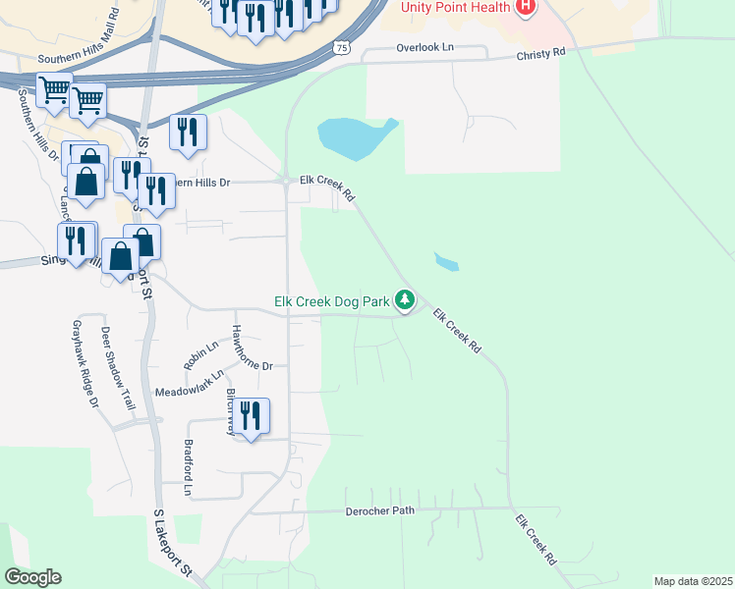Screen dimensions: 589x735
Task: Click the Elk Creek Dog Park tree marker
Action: [404, 299]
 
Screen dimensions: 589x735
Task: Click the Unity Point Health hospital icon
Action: [526, 8]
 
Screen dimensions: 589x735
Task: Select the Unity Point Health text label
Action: [453, 7]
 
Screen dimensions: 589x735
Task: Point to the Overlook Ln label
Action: [425, 47]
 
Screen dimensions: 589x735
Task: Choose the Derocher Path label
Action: [379, 511]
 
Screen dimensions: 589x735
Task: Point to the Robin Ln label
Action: [193, 355]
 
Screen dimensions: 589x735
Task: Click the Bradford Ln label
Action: [188, 466]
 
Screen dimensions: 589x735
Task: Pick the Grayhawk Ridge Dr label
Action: [84, 362]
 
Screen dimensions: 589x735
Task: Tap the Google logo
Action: [32, 577]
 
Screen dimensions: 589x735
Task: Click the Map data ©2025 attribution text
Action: [693, 581]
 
